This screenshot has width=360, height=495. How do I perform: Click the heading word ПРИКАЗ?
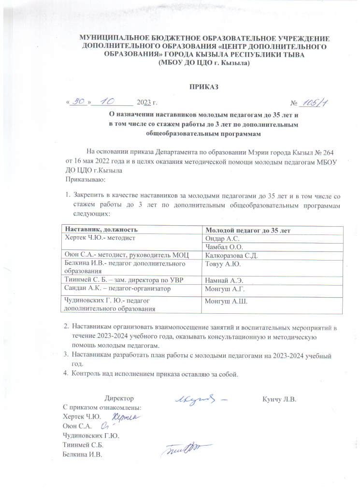pos(203,87)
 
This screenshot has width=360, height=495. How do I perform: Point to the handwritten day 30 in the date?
pos(78,102)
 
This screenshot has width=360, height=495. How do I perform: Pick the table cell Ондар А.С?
pos(222,239)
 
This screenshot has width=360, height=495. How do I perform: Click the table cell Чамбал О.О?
pos(224,247)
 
